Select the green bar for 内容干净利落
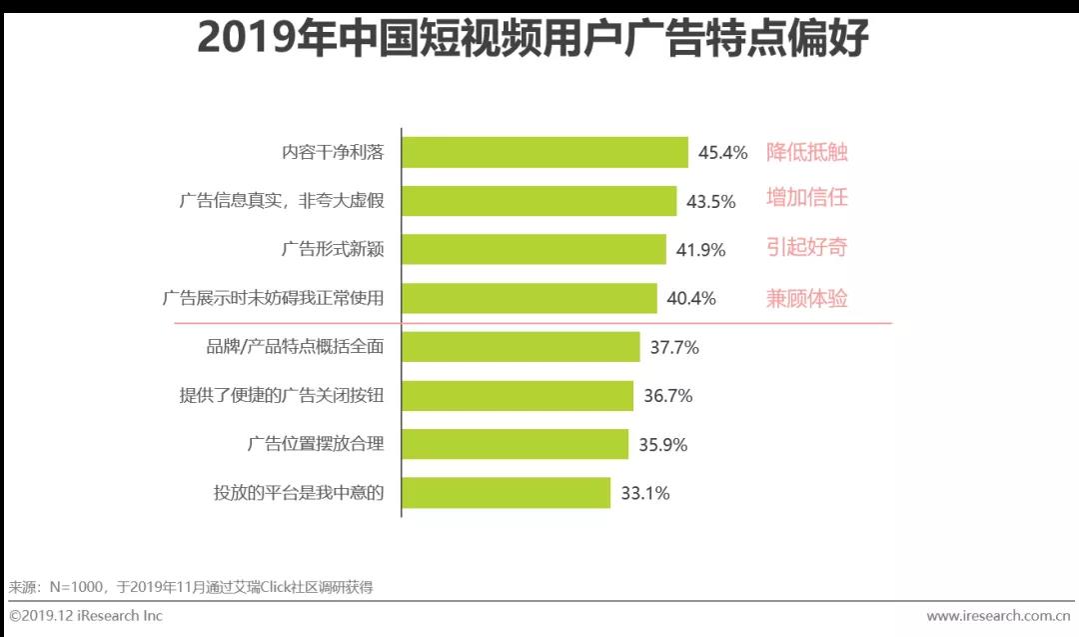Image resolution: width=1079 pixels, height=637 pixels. [x=544, y=153]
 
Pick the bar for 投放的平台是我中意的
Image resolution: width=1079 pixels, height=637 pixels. [x=506, y=493]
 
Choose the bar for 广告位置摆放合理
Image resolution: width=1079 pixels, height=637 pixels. [x=515, y=445]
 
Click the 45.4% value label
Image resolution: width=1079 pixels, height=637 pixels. [x=722, y=153]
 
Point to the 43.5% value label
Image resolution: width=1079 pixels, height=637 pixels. [x=710, y=202]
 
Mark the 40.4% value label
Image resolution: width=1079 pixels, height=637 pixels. [x=691, y=299]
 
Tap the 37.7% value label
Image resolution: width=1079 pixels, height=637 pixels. [x=674, y=348]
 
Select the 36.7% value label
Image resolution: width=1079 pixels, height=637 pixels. [x=667, y=396]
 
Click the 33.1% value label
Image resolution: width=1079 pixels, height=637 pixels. [x=644, y=493]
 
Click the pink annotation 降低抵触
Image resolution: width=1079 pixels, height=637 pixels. [x=806, y=152]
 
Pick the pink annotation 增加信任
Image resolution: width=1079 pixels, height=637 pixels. [x=806, y=198]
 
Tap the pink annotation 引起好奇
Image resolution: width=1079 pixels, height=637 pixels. [x=806, y=248]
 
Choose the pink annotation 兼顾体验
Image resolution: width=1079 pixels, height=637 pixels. [x=806, y=298]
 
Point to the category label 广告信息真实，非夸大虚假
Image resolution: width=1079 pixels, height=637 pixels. [x=282, y=201]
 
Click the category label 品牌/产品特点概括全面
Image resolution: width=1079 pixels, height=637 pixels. [x=294, y=347]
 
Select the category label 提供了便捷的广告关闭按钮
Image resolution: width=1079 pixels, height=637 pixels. [x=281, y=396]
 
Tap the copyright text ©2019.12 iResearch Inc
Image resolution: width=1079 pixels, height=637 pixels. [x=86, y=616]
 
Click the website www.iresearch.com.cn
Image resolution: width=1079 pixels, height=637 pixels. [x=999, y=616]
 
